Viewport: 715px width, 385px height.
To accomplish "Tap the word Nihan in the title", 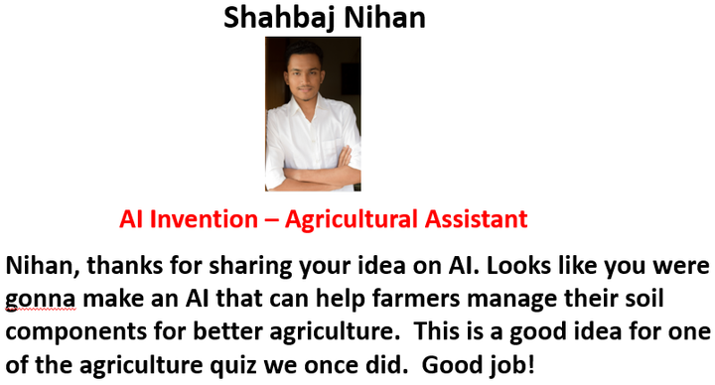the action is coord(385,17).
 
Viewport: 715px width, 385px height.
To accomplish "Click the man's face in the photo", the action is coord(302,77).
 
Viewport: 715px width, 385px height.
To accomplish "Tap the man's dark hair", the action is coord(304,53).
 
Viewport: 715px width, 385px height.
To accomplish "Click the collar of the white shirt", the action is coord(309,107).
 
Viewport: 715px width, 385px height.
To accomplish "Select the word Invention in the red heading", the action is coord(204,219).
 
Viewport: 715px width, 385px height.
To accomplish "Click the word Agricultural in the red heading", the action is coord(352,220).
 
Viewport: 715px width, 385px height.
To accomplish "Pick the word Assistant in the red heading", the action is coord(476,219).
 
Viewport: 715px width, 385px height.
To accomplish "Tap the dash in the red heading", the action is coord(271,220).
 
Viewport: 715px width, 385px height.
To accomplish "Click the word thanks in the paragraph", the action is coord(125,265).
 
